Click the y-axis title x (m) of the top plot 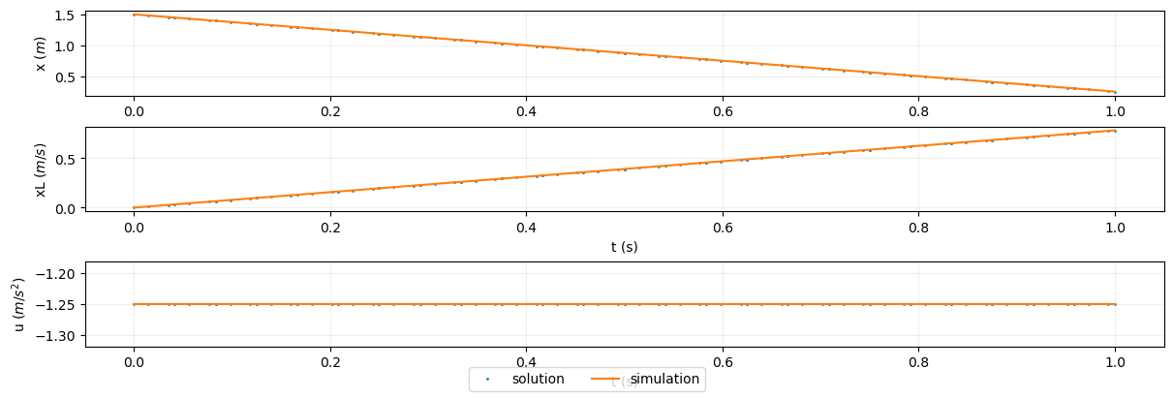(x=42, y=53)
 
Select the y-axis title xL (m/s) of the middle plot (x=42, y=168)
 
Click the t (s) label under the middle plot (x=624, y=247)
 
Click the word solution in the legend (x=538, y=380)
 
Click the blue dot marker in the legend (x=489, y=380)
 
